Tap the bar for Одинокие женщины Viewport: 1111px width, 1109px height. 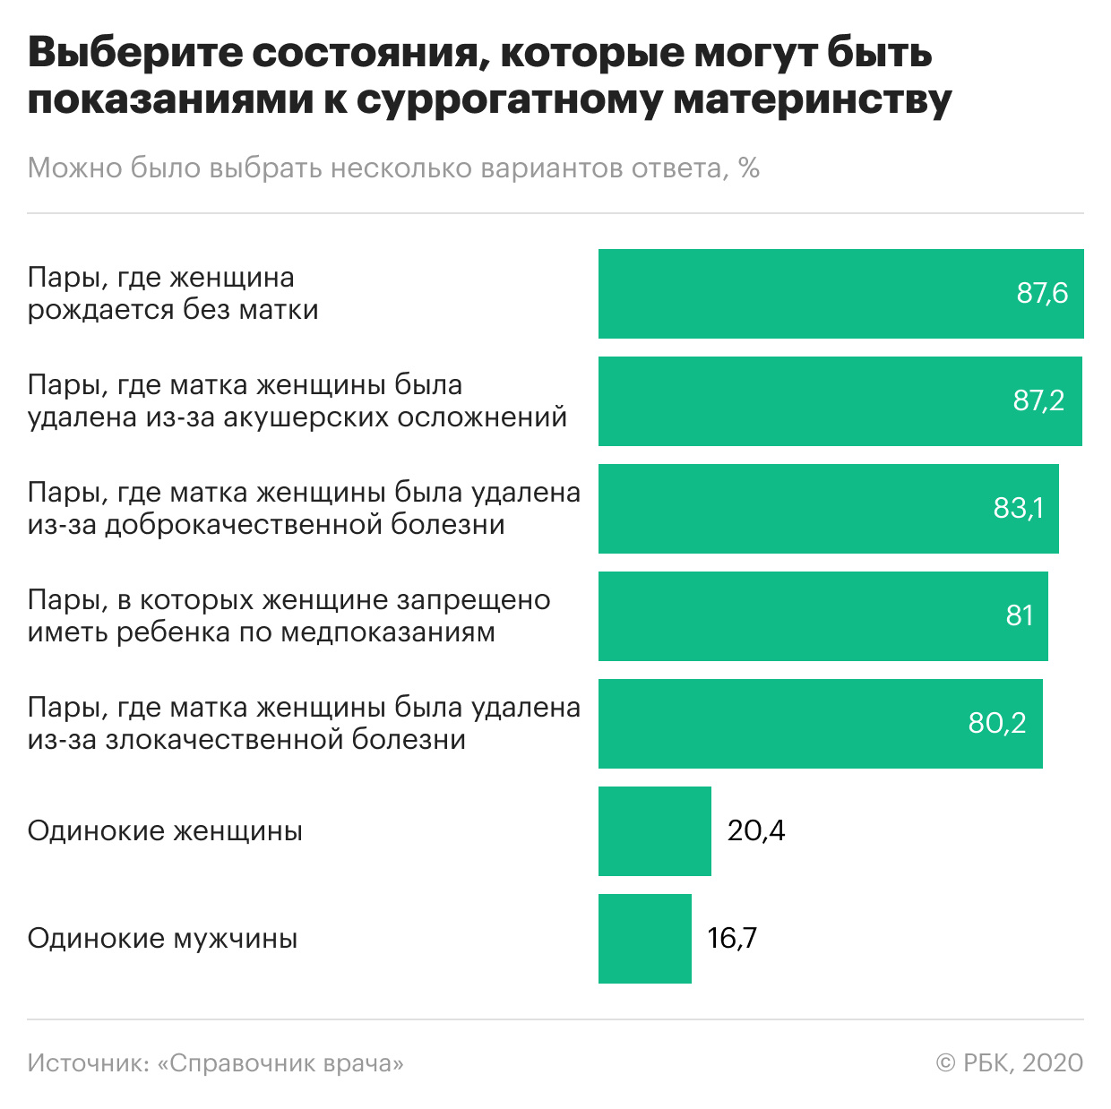[655, 831]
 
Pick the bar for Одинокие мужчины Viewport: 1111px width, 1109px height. [645, 939]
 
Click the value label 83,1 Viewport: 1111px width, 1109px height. [1018, 509]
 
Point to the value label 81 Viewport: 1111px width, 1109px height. [1020, 615]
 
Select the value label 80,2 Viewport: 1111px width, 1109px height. [996, 723]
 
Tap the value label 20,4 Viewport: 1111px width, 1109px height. [756, 831]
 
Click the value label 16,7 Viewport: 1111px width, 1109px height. [732, 939]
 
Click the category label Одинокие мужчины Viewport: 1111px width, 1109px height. [162, 939]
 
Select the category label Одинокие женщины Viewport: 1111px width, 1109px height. [165, 831]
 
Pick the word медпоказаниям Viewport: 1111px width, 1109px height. [388, 632]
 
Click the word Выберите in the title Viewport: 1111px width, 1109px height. [133, 54]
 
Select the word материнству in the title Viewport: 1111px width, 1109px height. [812, 100]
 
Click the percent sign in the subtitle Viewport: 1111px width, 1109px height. [749, 168]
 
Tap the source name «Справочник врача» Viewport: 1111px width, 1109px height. [280, 1063]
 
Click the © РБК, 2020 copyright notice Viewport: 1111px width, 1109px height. [1009, 1063]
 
